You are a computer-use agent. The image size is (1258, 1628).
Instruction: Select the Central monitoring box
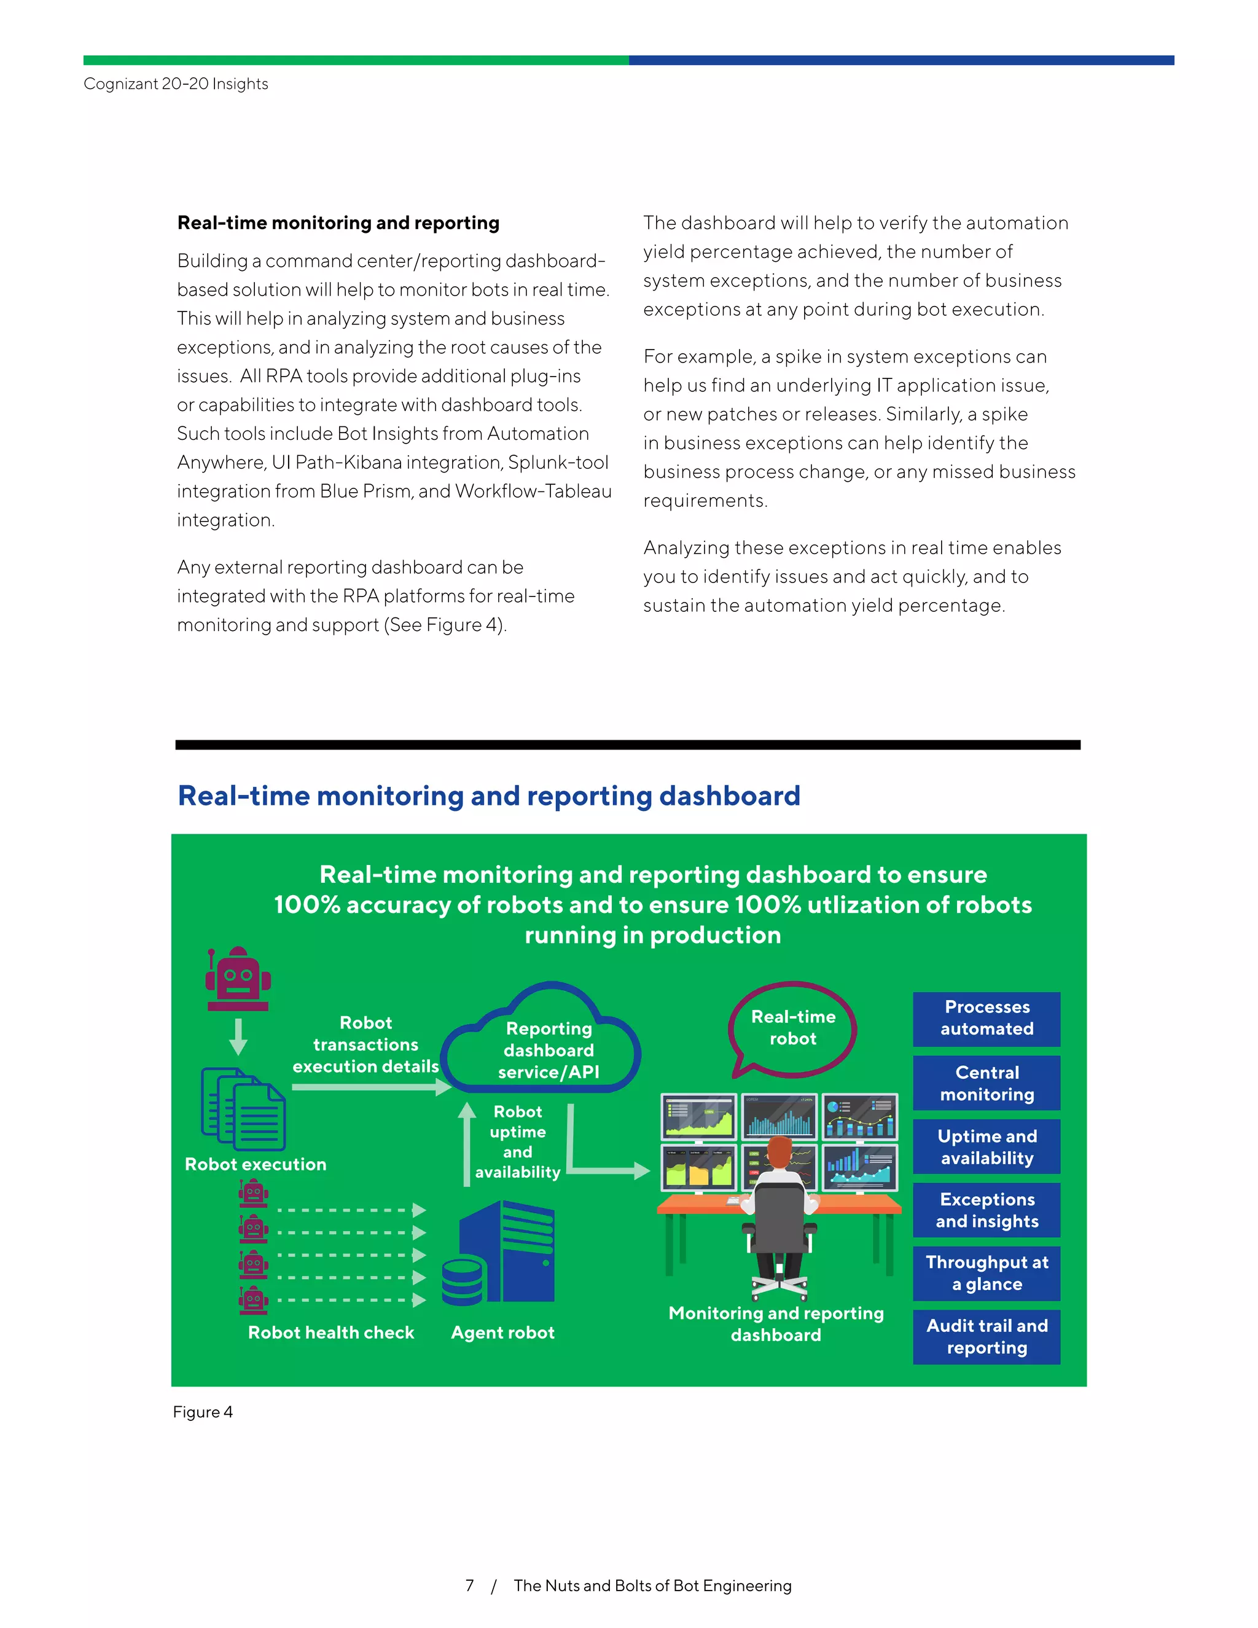point(986,1082)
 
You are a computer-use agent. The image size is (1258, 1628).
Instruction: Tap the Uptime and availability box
point(986,1146)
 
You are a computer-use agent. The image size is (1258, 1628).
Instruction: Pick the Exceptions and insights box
point(986,1210)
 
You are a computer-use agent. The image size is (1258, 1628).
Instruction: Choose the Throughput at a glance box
point(986,1273)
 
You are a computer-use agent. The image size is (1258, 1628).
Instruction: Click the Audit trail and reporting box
point(986,1337)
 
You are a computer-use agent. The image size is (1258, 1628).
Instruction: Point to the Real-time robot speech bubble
point(792,1028)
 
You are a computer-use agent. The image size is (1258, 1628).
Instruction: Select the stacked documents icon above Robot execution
point(243,1109)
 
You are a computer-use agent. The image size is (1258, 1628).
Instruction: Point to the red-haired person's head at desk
point(779,1153)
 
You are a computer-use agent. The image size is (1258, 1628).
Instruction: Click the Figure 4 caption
point(203,1412)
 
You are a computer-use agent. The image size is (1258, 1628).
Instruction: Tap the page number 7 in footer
point(469,1586)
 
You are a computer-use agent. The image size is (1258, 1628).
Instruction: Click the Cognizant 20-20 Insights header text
point(176,84)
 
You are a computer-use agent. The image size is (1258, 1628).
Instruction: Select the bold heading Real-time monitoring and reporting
point(338,223)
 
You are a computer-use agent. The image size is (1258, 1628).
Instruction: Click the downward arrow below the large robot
point(238,1036)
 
